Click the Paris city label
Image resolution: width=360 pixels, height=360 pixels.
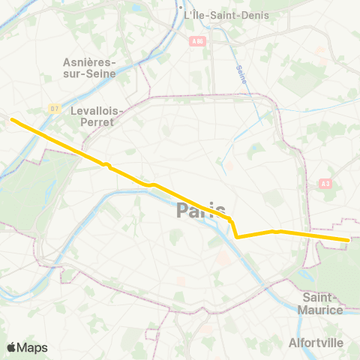coord(201,211)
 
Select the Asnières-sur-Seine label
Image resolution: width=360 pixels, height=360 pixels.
coord(87,69)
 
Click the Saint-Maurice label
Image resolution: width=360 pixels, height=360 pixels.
coord(322,304)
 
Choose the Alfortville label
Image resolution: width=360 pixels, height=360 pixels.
coord(316,342)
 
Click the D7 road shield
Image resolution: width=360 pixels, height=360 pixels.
coord(55,108)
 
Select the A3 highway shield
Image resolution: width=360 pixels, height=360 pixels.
coord(325,182)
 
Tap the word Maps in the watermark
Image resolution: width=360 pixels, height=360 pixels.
coord(32,347)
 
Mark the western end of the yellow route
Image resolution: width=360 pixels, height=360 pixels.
coord(11,118)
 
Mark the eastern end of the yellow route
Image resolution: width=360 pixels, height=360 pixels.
coord(348,240)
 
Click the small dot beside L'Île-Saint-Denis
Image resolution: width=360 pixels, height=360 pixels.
coord(186,15)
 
